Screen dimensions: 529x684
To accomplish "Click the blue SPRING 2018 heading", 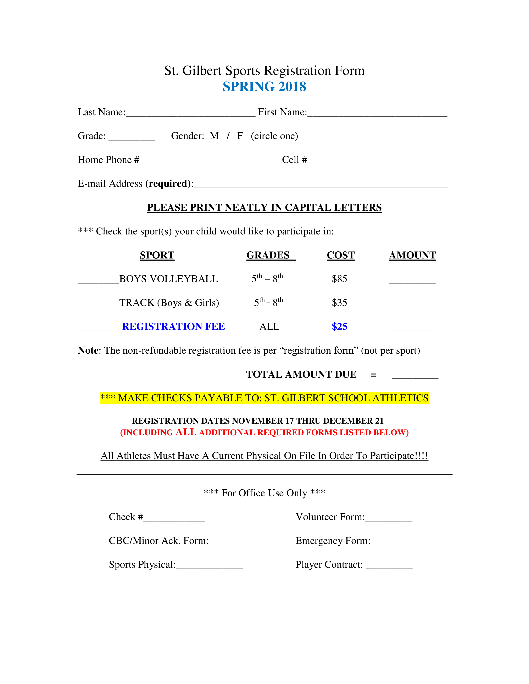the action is [264, 86].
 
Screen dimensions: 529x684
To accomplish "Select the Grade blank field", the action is [132, 140].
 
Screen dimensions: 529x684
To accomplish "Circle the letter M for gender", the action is [214, 136].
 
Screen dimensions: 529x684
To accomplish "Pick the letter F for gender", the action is [240, 136].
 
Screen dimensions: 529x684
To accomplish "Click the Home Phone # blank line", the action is [207, 164].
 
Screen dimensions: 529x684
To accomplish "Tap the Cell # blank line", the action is [379, 164].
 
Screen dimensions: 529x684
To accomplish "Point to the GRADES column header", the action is [268, 255].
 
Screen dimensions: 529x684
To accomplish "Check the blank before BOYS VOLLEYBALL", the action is [98, 283].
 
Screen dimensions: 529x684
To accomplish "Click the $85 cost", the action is [339, 279].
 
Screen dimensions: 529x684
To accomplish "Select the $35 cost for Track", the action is [339, 303].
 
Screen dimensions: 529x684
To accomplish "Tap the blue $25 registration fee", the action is [339, 326].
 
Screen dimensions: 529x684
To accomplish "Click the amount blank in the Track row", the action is [412, 307].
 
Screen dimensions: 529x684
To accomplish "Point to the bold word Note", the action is [88, 350].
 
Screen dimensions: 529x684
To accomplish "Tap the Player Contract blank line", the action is [389, 568].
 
